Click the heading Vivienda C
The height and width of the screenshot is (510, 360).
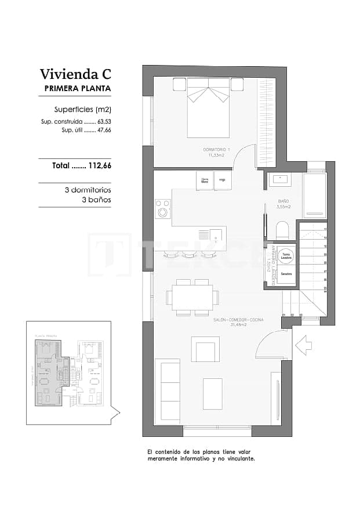[x=75, y=74]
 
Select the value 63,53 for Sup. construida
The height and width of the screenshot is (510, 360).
[x=104, y=122]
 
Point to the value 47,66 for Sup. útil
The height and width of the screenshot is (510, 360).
[x=104, y=131]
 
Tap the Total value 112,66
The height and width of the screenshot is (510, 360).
[x=99, y=165]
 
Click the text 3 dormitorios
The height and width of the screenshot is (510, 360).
[x=88, y=190]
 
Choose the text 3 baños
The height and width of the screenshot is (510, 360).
[x=96, y=200]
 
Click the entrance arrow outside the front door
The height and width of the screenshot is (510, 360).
[x=303, y=346]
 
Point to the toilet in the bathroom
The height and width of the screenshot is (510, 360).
[x=282, y=230]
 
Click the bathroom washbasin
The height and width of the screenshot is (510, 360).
[x=283, y=179]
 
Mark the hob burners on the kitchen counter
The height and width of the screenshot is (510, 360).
[x=163, y=208]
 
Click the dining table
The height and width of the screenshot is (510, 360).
[x=192, y=297]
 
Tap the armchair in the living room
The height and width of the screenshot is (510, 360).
[x=205, y=350]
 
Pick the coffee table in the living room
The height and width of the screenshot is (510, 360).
[x=212, y=393]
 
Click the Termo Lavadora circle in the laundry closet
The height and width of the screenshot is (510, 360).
[x=286, y=255]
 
